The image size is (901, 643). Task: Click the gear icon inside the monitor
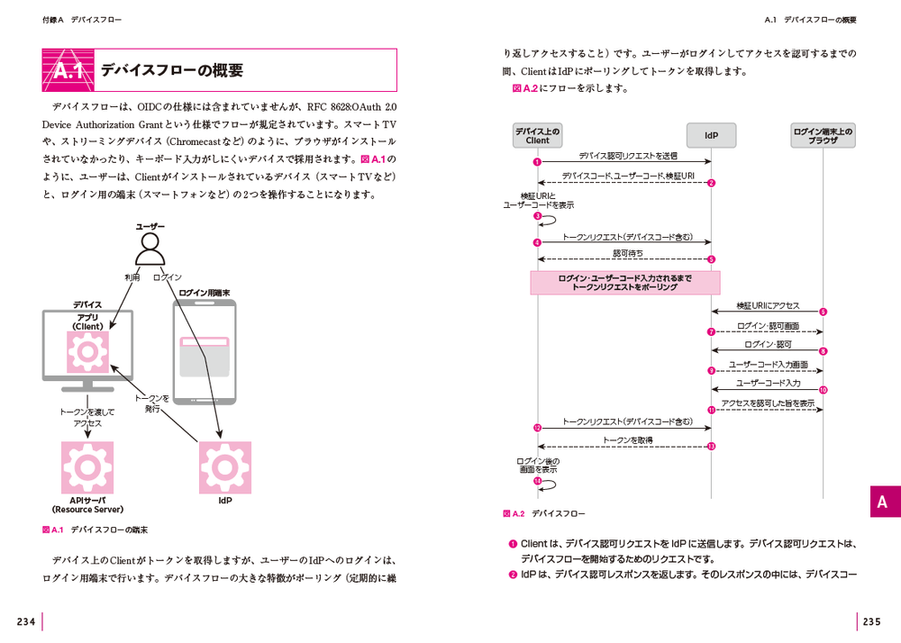(87, 352)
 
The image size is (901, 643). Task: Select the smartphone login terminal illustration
(204, 355)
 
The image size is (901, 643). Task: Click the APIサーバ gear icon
(87, 466)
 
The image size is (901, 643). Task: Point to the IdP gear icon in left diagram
(225, 466)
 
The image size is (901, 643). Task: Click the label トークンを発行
(152, 403)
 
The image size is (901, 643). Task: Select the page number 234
(25, 621)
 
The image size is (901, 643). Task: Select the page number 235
(872, 621)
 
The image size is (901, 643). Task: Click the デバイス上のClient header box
(537, 136)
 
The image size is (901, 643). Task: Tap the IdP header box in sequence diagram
(711, 136)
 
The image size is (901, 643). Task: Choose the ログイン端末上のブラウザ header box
(823, 136)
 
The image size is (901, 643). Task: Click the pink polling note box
(624, 283)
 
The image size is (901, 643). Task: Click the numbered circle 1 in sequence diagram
(537, 162)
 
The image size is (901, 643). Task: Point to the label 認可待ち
(628, 253)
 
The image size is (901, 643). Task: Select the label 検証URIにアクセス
(768, 306)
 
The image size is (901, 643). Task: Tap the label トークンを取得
(628, 440)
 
